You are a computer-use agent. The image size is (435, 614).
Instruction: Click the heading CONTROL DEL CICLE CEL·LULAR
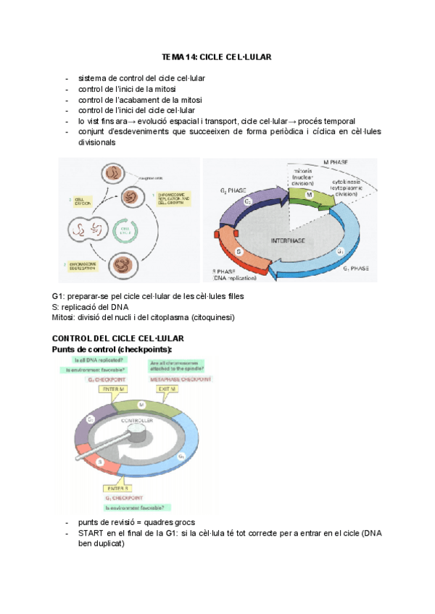pyautogui.click(x=118, y=338)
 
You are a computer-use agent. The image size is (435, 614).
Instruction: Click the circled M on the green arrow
pyautogui.click(x=289, y=195)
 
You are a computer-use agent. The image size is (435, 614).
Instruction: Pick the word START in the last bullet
pyautogui.click(x=92, y=533)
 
